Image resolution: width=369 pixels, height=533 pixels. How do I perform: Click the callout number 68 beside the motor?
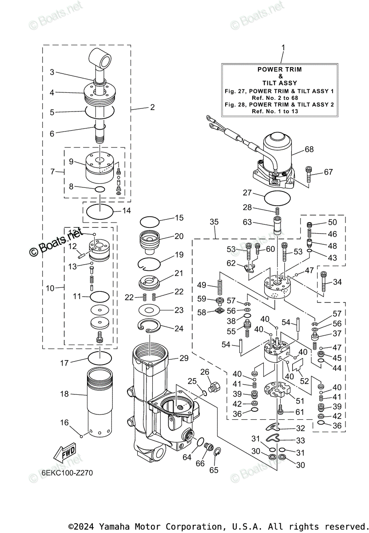click(x=309, y=149)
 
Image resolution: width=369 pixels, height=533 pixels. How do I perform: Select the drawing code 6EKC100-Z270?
click(x=67, y=473)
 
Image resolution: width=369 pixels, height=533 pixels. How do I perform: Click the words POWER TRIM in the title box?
click(x=280, y=69)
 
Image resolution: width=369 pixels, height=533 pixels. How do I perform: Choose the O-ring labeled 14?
click(x=99, y=211)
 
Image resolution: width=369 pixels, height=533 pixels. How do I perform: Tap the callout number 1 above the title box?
click(x=283, y=47)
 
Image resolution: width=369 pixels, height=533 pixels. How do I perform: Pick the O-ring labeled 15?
click(x=149, y=221)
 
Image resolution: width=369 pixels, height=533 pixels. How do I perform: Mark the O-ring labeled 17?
click(x=99, y=357)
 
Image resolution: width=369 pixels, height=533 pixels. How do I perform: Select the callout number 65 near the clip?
click(x=214, y=470)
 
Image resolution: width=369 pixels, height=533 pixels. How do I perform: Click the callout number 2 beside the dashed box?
click(x=152, y=107)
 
